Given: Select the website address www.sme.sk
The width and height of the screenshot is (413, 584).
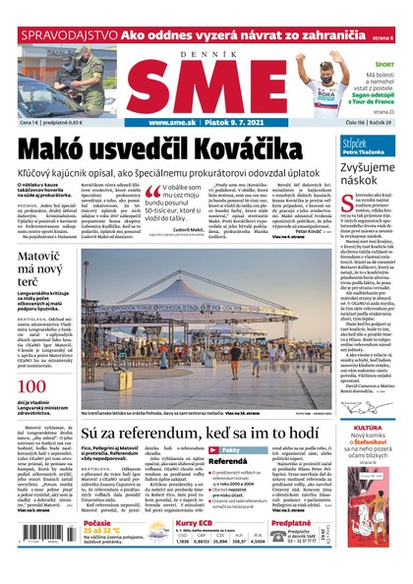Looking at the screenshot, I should [175, 123].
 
